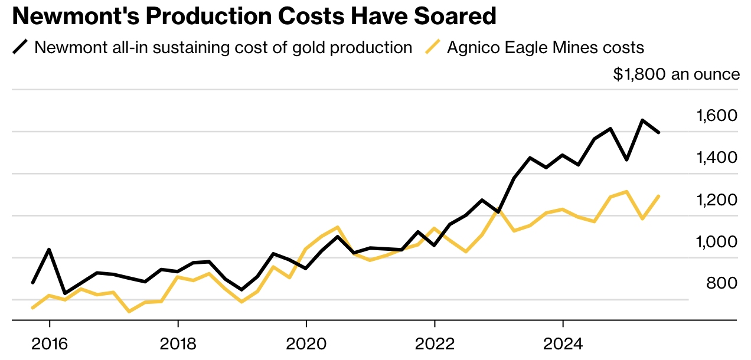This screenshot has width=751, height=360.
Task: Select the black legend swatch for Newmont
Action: pos(21,47)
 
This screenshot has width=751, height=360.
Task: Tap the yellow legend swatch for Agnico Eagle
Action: pos(433,47)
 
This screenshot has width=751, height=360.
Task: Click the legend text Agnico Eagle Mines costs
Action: pos(545,47)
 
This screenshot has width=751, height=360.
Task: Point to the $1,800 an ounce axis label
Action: pos(676,74)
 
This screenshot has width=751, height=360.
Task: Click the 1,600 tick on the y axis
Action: pos(717,116)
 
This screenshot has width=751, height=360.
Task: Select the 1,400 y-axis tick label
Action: pos(717,158)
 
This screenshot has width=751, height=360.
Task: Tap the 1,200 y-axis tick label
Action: pos(717,199)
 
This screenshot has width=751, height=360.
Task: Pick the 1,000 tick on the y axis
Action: pos(717,241)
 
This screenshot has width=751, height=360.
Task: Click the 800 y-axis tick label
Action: pos(721,283)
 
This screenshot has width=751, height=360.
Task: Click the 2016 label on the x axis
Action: pos(49,343)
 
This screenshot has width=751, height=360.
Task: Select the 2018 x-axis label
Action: pos(178,343)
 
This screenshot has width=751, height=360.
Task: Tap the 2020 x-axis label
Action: pos(306,343)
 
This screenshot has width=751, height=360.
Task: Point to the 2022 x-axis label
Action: pos(435,343)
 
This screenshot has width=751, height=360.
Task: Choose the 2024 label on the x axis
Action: pos(563,343)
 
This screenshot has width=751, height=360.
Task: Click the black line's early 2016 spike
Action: pos(49,250)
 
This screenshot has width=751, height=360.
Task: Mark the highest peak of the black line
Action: pos(642,120)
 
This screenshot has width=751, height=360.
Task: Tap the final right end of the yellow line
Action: pos(658,196)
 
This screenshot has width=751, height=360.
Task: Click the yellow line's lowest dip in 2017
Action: pos(129,311)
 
